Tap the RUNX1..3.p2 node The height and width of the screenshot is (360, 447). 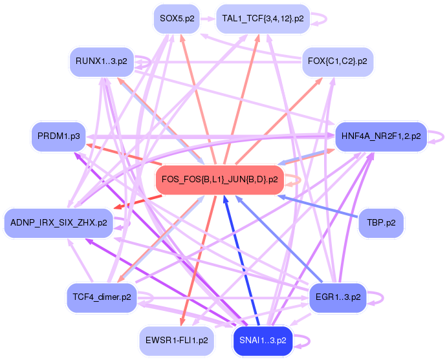coord(101,62)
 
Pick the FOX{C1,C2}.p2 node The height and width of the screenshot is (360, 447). coord(338,61)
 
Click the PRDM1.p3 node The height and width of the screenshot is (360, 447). coord(59,136)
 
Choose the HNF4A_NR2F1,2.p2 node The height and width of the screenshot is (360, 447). coord(380,136)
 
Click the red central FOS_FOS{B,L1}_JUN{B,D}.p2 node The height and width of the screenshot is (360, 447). coord(220,180)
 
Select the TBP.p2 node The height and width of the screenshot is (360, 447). coord(381,222)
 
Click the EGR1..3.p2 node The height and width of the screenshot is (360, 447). coord(338,297)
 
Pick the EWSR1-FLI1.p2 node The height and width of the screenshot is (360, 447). coord(176,340)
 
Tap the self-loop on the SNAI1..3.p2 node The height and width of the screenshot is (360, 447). coord(306,340)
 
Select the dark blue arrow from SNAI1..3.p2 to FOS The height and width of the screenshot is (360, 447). coord(243,265)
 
